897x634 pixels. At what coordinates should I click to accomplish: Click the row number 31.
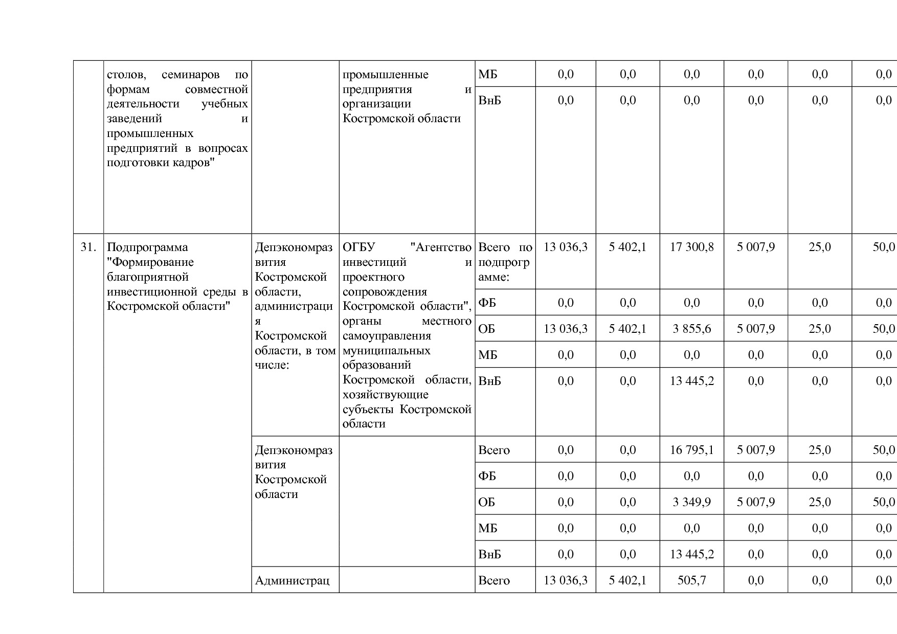(88, 247)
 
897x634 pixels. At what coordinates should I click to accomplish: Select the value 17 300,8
(691, 247)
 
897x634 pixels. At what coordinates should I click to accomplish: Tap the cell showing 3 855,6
(691, 329)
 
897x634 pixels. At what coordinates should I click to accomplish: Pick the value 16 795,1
(691, 450)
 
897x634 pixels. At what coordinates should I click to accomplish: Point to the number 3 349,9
(691, 502)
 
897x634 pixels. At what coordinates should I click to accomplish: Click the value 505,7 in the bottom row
(691, 580)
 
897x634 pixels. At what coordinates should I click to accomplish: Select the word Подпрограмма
(147, 247)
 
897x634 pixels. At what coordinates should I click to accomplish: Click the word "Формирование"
(150, 262)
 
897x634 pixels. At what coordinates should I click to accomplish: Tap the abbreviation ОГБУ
(358, 247)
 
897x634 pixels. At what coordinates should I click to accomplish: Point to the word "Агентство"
(441, 247)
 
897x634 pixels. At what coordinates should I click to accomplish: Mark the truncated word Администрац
(292, 580)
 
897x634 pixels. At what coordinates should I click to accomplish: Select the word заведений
(134, 119)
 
